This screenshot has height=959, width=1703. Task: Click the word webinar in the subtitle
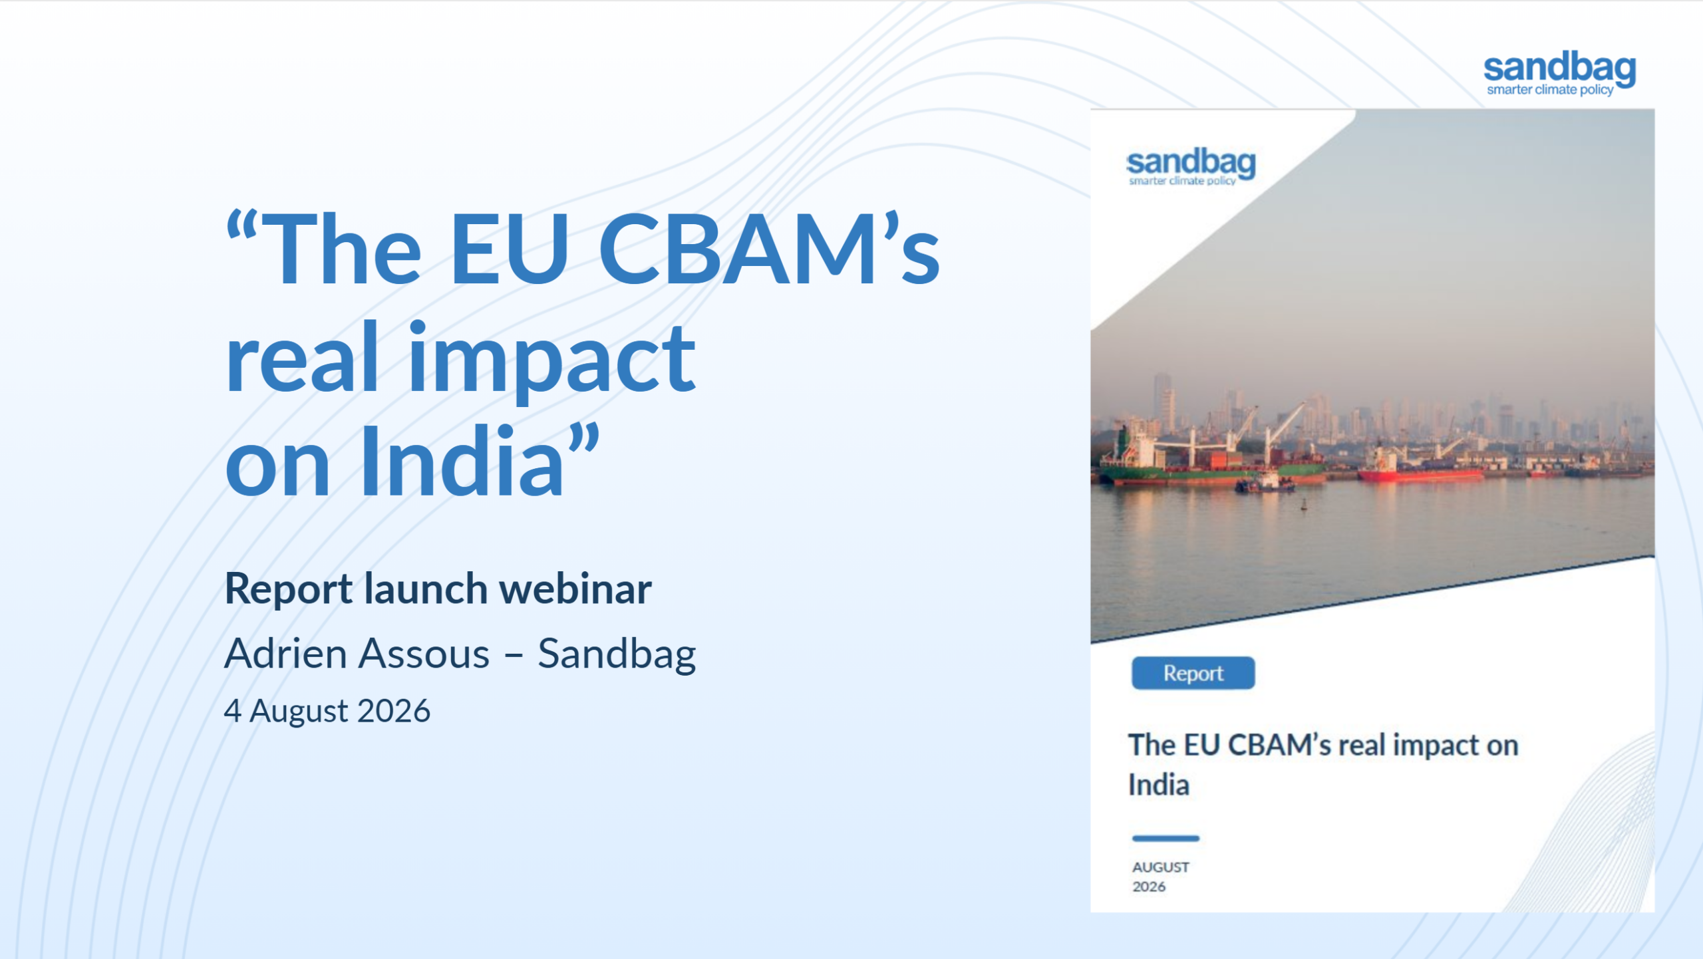pos(575,589)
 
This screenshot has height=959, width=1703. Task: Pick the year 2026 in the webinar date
pos(394,711)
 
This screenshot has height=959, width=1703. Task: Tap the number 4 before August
pos(232,711)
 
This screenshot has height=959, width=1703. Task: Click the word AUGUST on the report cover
pos(1160,867)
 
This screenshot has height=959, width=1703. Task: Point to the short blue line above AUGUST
pos(1165,839)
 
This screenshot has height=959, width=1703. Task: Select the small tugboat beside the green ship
pos(1264,483)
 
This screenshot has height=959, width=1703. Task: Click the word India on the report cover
pos(1159,785)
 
